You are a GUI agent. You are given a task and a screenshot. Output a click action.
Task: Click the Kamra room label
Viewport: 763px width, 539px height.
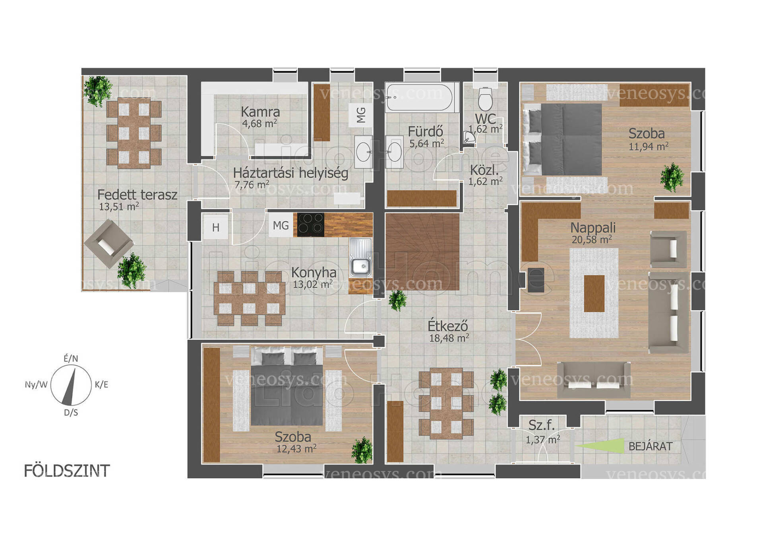260,112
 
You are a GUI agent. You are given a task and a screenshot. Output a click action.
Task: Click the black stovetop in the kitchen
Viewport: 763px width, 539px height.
311,225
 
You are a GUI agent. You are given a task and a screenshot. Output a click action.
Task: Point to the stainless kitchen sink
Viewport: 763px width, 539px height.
360,258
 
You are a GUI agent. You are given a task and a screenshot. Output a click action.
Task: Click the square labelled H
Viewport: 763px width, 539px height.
215,227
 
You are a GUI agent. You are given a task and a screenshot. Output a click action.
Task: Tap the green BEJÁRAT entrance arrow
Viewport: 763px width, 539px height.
600,446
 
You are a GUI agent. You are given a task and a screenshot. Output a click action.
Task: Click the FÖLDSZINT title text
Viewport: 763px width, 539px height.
67,471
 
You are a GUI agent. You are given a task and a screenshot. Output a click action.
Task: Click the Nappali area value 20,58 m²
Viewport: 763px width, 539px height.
592,239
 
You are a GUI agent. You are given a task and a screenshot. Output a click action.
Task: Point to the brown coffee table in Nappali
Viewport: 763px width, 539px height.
594,293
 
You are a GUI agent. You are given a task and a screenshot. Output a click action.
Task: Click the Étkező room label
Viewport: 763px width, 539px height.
448,326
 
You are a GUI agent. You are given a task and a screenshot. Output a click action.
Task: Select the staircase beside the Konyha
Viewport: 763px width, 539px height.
422,251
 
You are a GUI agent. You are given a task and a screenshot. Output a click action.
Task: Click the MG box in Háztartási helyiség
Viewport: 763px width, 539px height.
361,115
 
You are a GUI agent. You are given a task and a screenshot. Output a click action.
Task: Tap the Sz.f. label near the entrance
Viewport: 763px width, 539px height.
541,425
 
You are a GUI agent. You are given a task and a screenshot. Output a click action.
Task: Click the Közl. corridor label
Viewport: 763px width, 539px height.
484,171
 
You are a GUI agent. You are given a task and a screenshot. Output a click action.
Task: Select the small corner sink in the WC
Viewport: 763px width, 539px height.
469,137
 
